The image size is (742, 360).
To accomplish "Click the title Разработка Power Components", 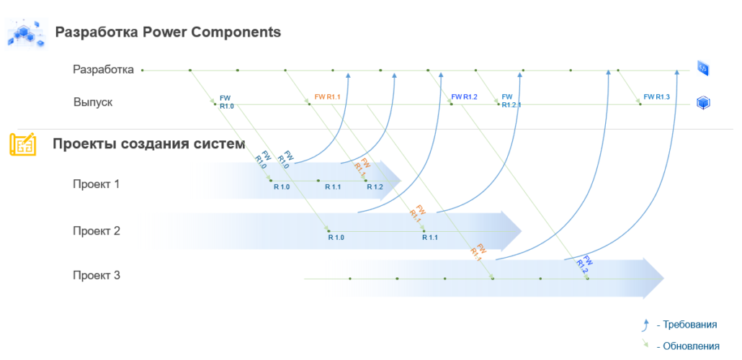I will point(168,32).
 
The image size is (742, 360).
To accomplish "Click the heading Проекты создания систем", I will point(149,144).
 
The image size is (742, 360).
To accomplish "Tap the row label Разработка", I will point(103,70).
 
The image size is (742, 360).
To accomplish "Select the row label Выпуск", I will point(93,102).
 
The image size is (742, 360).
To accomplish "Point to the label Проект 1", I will point(96,184).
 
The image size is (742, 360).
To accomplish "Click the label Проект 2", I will point(96,231).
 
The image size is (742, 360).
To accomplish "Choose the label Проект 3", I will point(96,275).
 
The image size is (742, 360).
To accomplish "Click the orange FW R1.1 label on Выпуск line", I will point(328,97).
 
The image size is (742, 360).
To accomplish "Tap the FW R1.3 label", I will point(656,97).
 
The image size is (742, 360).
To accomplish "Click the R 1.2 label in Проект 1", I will point(375,187).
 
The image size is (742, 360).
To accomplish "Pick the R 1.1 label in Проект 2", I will point(430,238).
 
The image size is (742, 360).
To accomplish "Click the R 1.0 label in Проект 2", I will point(336,238).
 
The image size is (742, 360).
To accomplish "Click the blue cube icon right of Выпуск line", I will point(704,103).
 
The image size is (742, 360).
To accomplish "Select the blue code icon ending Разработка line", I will point(703,68).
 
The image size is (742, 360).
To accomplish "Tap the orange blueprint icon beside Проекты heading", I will point(22,144).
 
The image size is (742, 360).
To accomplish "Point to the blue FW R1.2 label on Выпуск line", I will point(465,97).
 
